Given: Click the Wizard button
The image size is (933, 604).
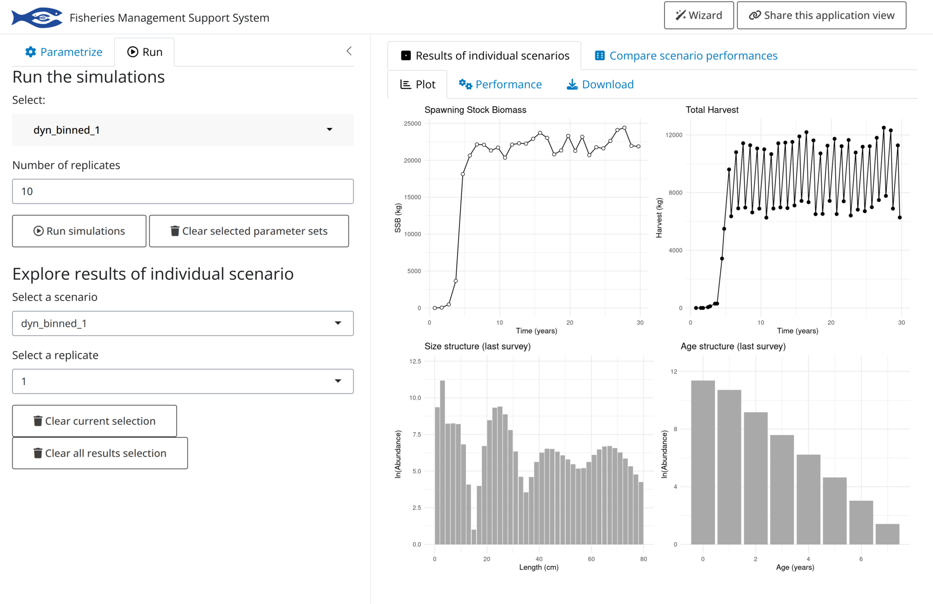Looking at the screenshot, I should click(698, 15).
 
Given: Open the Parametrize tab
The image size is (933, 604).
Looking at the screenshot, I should click(64, 52).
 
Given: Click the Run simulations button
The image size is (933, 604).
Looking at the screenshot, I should click(79, 231).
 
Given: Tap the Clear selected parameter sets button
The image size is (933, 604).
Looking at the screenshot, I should click(249, 231).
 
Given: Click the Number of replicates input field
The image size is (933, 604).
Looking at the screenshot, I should click(182, 192).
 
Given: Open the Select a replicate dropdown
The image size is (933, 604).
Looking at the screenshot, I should click(182, 381).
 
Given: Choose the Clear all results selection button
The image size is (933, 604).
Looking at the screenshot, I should click(100, 453).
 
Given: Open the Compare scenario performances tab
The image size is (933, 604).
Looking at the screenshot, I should click(686, 56).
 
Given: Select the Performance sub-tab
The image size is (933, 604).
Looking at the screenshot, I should click(500, 84).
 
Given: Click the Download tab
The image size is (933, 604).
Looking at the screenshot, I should click(600, 84).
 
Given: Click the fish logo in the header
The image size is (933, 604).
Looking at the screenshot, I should click(37, 18).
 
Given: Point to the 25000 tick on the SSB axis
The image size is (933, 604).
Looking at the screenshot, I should click(412, 124).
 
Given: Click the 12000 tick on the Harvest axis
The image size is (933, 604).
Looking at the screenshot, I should click(674, 135).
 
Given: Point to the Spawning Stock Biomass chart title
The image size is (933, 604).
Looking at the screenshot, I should click(475, 110).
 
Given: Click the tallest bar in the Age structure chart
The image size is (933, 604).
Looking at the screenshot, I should click(703, 462).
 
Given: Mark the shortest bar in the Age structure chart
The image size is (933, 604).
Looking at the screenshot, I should click(887, 534).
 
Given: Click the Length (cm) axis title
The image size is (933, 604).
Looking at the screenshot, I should click(538, 567).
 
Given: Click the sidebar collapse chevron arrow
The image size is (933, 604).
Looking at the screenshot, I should click(349, 51).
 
